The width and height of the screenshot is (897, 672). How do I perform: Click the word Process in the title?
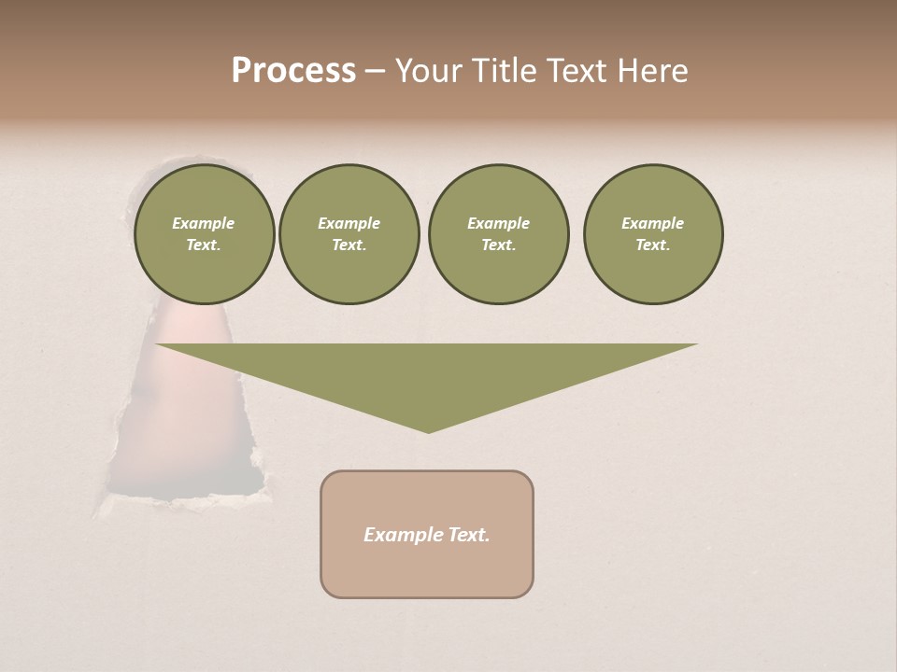pyautogui.click(x=293, y=71)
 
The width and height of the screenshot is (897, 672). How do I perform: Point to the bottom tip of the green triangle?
pyautogui.click(x=429, y=432)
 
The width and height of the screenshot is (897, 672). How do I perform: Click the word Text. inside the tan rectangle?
pyautogui.click(x=469, y=535)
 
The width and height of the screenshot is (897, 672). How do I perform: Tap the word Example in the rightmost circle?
pyautogui.click(x=652, y=223)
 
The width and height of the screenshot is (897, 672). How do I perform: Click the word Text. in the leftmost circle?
pyautogui.click(x=204, y=245)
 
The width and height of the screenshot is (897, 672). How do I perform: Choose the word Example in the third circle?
pyautogui.click(x=498, y=223)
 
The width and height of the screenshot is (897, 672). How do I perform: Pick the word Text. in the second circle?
pyautogui.click(x=349, y=245)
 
